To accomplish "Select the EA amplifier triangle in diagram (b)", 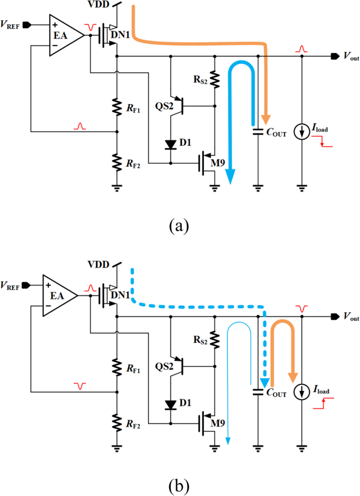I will point(58,296).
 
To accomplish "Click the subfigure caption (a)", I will point(179,226).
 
